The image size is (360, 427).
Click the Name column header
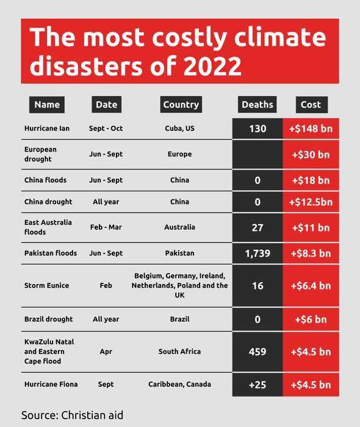click(47, 104)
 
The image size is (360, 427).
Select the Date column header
click(106, 104)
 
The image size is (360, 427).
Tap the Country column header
click(181, 104)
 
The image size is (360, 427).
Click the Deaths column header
click(257, 104)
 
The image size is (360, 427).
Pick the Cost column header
click(311, 104)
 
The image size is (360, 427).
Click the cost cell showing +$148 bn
click(311, 130)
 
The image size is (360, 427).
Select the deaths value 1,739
click(257, 253)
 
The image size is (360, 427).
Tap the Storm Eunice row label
click(47, 285)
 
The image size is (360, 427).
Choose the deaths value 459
click(257, 352)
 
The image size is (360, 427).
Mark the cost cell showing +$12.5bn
click(311, 202)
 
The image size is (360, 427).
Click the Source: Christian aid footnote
click(72, 415)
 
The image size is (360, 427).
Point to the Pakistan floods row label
click(51, 253)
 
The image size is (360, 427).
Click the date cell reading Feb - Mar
click(106, 227)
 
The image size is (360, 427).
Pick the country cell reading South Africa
click(179, 352)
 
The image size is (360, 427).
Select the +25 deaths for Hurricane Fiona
click(257, 385)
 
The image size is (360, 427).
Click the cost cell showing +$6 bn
click(311, 319)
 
